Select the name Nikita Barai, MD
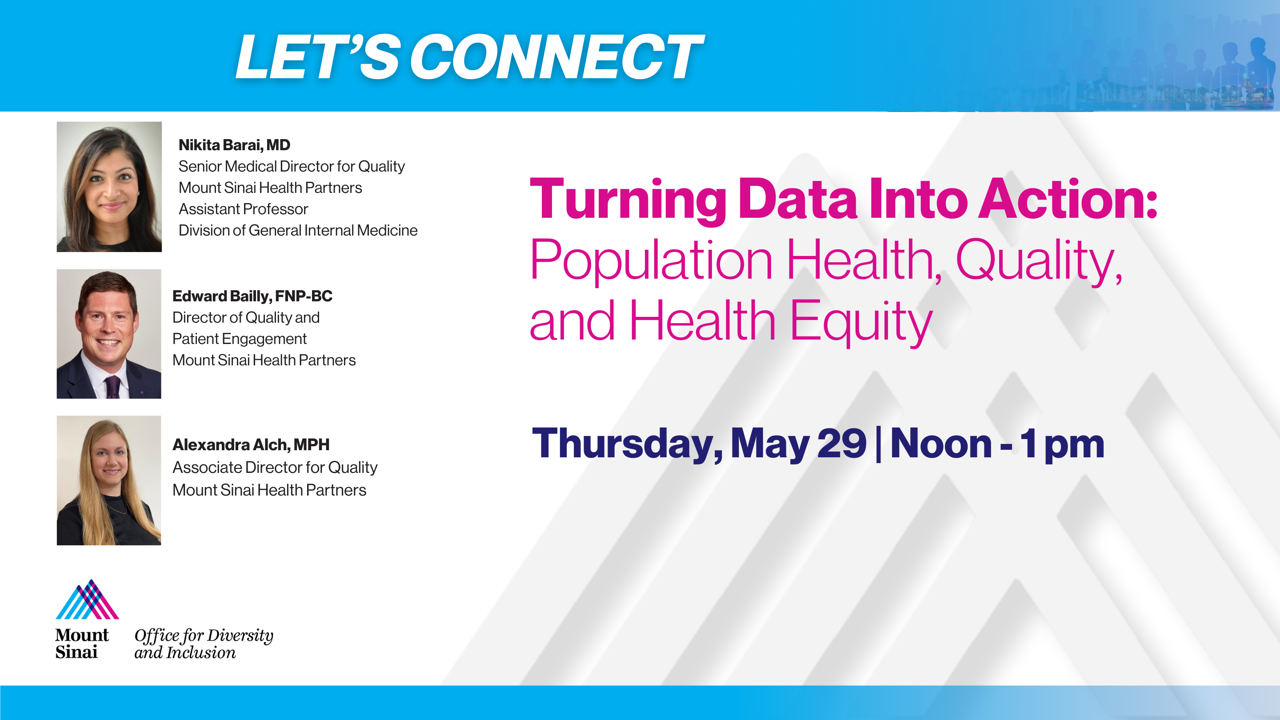click(234, 144)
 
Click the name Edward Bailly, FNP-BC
click(252, 296)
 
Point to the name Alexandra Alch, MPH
click(250, 444)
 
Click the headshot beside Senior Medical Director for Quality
click(109, 187)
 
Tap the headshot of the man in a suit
click(109, 334)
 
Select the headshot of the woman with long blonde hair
click(109, 480)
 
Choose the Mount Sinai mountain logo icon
click(88, 599)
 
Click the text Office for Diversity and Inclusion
click(204, 644)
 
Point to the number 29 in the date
click(842, 443)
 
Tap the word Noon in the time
click(940, 443)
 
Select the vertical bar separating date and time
click(879, 444)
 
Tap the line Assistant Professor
click(243, 209)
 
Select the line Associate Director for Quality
click(275, 467)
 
